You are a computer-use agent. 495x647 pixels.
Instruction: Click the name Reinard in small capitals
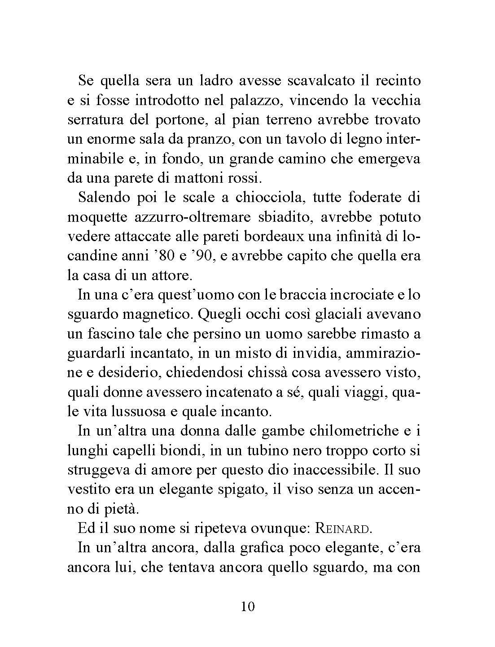click(x=344, y=528)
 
